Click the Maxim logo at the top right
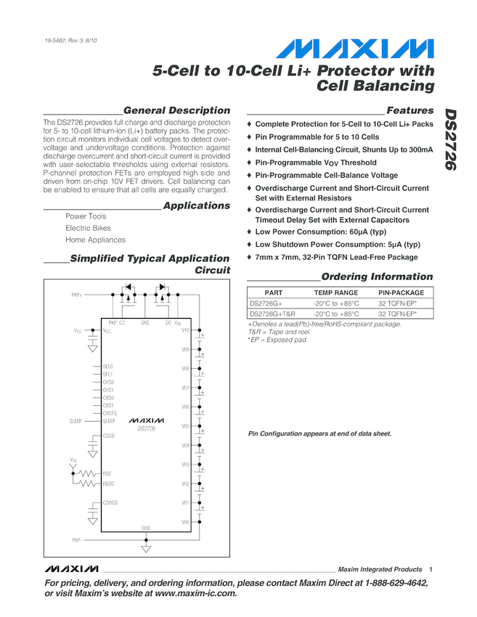click(356, 49)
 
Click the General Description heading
click(177, 110)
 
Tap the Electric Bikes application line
click(88, 228)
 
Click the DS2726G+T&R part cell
click(272, 314)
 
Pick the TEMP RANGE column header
click(335, 293)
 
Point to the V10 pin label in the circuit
click(185, 331)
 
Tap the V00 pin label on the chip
click(185, 522)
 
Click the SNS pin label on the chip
click(145, 322)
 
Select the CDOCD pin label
click(110, 502)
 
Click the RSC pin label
click(107, 473)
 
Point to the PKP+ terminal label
click(77, 295)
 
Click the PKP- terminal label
click(77, 540)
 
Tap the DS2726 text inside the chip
click(147, 429)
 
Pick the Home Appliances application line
click(95, 240)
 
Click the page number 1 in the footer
click(431, 569)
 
